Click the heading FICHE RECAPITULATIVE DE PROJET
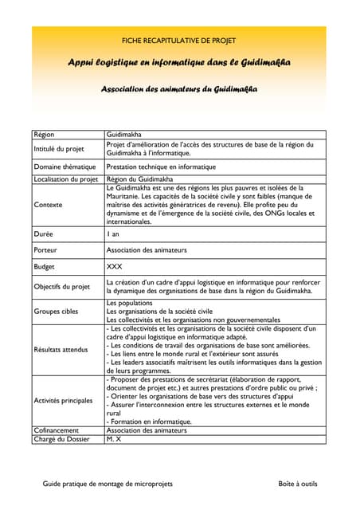(x=178, y=40)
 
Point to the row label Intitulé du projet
(x=59, y=149)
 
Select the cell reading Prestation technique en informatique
(x=161, y=167)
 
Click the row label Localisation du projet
(x=65, y=179)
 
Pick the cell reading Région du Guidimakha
(x=140, y=179)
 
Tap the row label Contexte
(x=49, y=205)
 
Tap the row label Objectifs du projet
(x=61, y=286)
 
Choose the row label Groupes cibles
(x=57, y=312)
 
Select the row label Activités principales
(x=64, y=400)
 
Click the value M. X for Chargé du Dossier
(x=113, y=439)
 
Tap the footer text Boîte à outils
(x=297, y=484)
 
